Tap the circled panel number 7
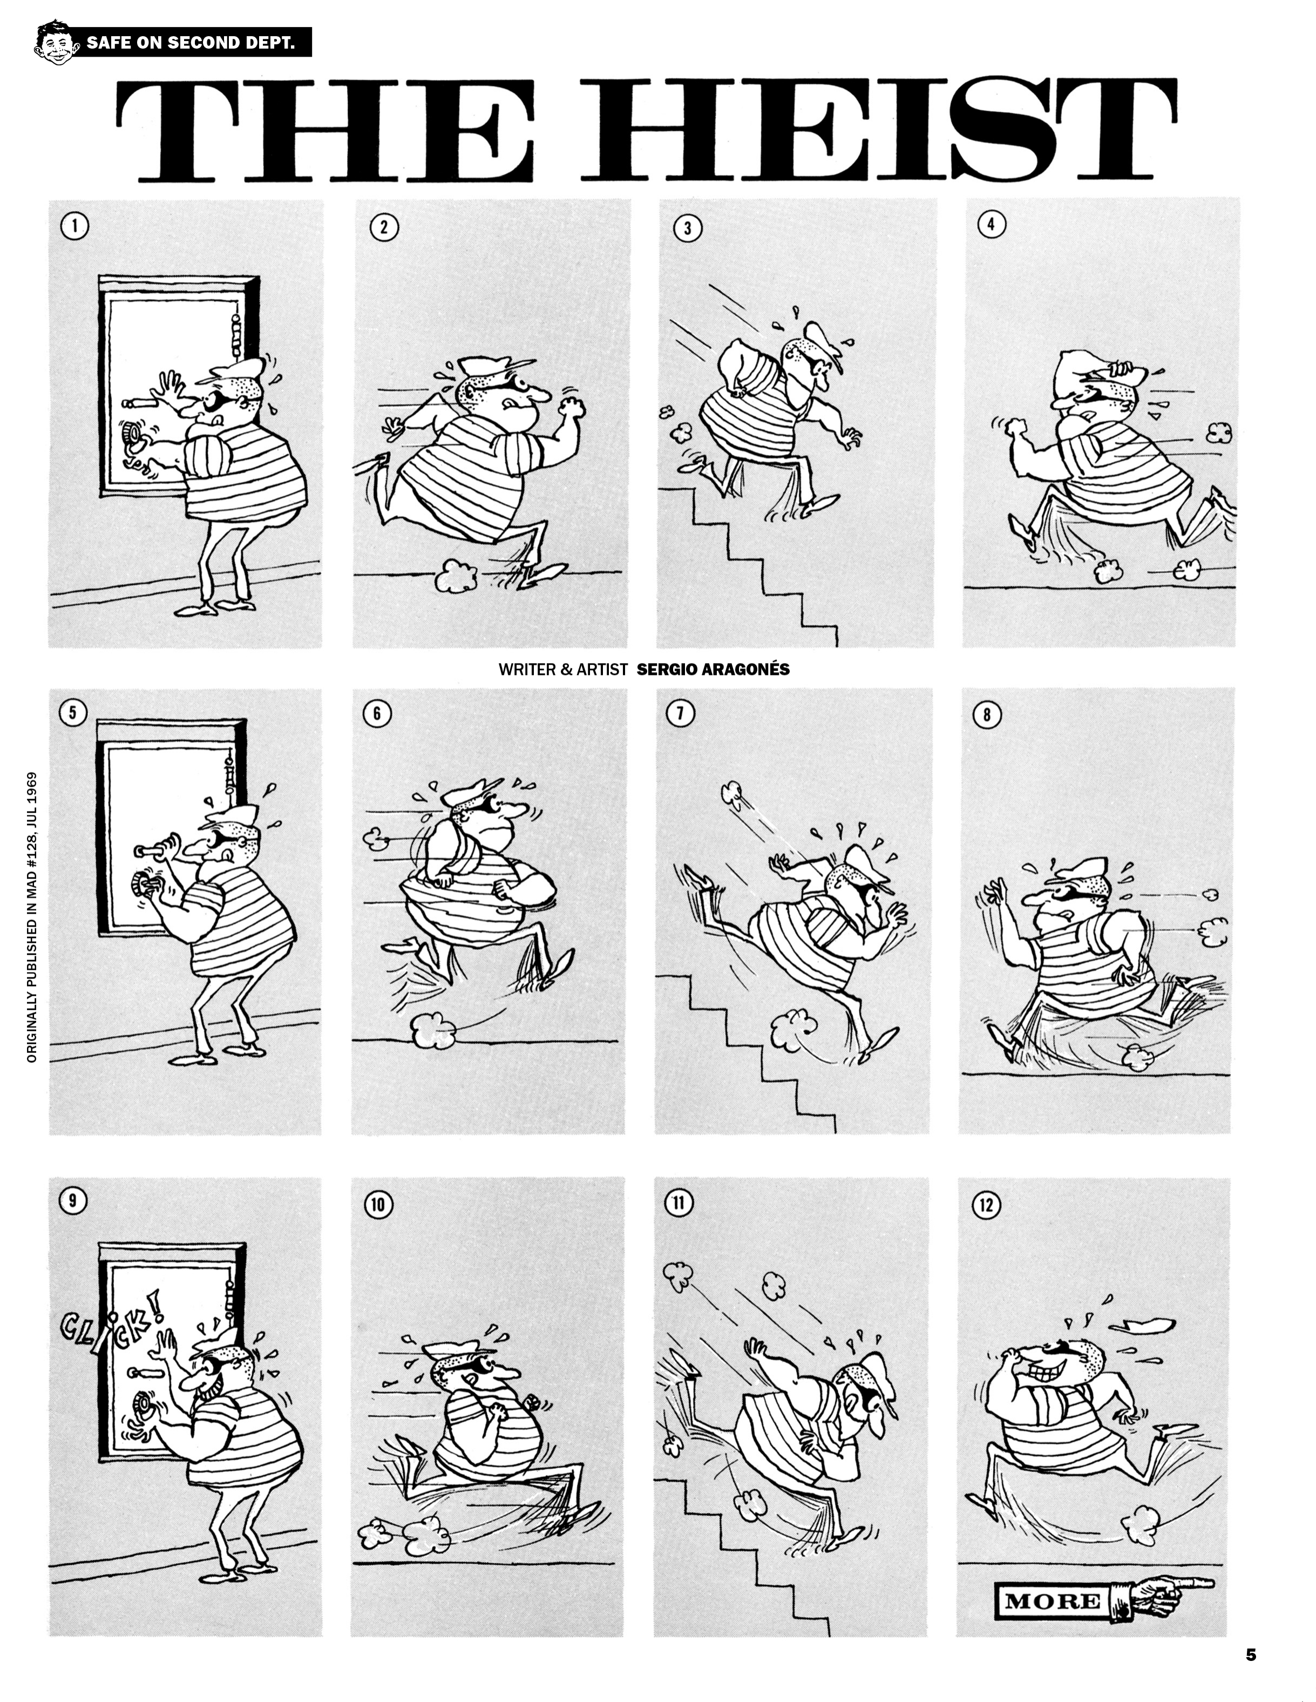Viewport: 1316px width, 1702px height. (680, 713)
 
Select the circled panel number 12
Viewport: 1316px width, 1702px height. (986, 1205)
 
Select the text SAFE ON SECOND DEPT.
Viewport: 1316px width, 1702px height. (191, 42)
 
